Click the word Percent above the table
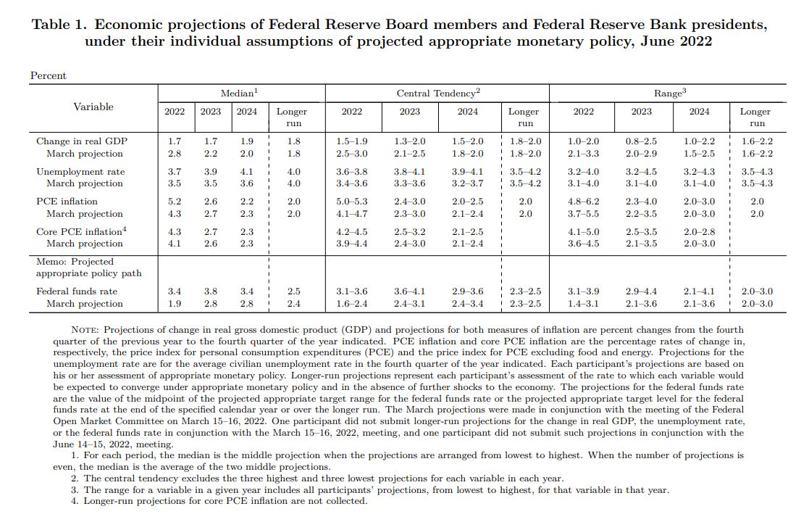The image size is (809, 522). [49, 75]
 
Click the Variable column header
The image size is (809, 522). [93, 107]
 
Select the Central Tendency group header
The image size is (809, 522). [438, 93]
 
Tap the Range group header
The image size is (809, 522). [670, 93]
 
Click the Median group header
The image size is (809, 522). [240, 93]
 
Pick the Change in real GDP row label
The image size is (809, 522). [82, 141]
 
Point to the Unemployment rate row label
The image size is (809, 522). [80, 171]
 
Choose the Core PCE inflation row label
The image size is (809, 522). [81, 231]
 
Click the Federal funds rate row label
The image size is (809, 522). [77, 291]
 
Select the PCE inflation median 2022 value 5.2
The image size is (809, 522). [175, 202]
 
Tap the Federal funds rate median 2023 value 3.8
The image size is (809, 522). [211, 291]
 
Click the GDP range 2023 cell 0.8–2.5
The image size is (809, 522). [641, 141]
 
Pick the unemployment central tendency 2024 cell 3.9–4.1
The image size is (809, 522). [467, 171]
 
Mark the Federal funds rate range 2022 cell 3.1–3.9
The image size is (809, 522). [584, 291]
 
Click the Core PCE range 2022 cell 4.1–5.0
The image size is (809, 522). [584, 232]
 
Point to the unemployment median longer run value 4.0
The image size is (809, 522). [293, 171]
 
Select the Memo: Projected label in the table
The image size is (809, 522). [75, 262]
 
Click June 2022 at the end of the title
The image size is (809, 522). [676, 41]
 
